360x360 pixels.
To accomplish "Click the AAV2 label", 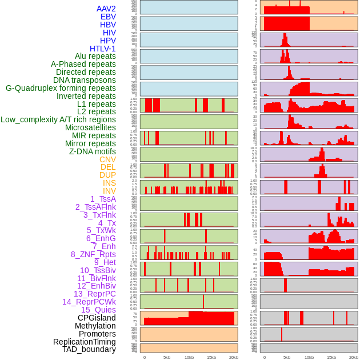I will tap(106, 9).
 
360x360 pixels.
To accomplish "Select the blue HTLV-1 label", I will tap(102, 49).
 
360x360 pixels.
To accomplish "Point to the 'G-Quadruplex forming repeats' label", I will tap(61, 88).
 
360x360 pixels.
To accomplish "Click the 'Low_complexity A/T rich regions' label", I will tap(58, 119).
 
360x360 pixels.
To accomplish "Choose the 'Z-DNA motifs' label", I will tap(92, 151).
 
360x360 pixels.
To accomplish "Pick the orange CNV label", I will tap(107, 159).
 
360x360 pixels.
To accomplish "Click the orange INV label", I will tap(109, 191).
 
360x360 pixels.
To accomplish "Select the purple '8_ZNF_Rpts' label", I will tap(93, 254).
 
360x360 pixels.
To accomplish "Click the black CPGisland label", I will tap(97, 318).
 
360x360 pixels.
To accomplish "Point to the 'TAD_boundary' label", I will tap(89, 349).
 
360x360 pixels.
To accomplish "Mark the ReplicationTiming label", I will tap(84, 342).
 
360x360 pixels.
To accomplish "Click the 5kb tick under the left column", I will tap(167, 357).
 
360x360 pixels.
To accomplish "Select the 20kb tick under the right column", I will tap(354, 357).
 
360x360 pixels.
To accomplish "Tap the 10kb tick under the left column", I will tap(189, 357).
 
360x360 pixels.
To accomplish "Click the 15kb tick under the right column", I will tap(331, 357).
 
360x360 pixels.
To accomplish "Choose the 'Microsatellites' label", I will tap(90, 127).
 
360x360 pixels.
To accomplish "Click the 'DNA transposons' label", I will tap(85, 80).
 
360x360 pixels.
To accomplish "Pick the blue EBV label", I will tap(108, 17).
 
